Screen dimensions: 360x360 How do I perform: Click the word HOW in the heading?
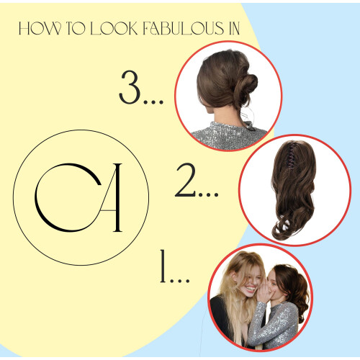pyautogui.click(x=40, y=28)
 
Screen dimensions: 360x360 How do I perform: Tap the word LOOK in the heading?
pyautogui.click(x=114, y=28)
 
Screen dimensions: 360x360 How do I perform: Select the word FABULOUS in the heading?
pyautogui.click(x=183, y=28)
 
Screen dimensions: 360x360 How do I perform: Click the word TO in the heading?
pyautogui.click(x=76, y=28)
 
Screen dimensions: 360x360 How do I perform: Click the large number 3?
pyautogui.click(x=130, y=87)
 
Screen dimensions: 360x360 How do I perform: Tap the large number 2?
pyautogui.click(x=186, y=180)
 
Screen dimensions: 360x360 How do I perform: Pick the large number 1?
pyautogui.click(x=163, y=266)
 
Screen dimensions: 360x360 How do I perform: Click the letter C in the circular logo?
pyautogui.click(x=68, y=197)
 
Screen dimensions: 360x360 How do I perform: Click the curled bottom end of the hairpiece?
pyautogui.click(x=285, y=228)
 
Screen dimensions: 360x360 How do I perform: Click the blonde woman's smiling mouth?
pyautogui.click(x=250, y=288)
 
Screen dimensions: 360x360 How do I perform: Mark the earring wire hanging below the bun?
pyautogui.click(x=248, y=117)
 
